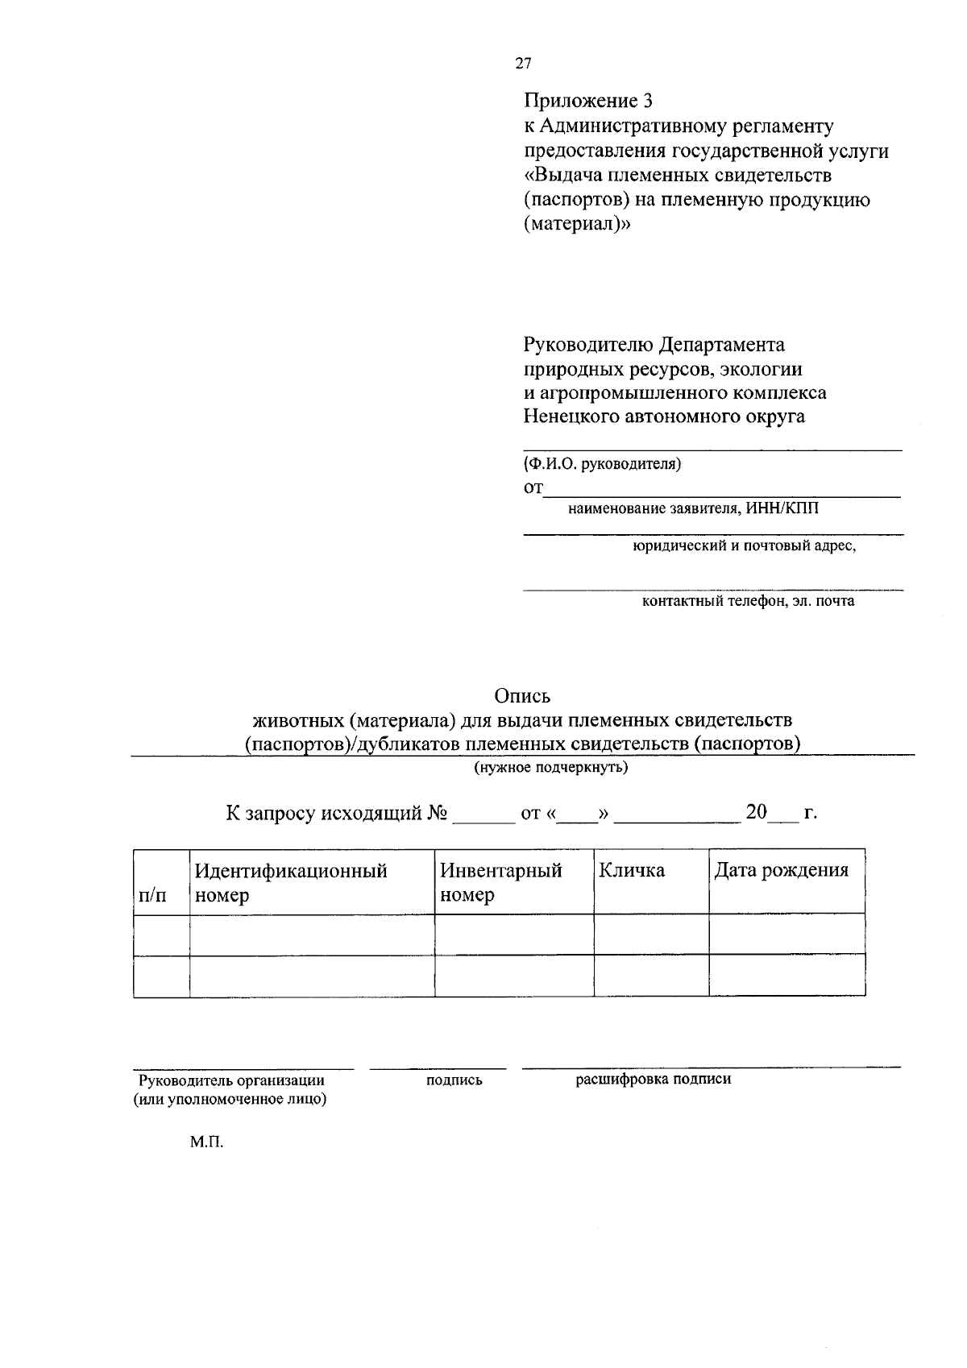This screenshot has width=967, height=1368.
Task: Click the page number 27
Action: click(524, 64)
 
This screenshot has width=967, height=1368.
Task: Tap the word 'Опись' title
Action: click(522, 695)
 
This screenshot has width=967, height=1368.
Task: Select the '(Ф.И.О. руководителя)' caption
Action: click(603, 464)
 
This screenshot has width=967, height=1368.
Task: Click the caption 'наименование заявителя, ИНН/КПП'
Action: click(697, 508)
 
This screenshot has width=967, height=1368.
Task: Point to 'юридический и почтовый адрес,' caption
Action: click(743, 545)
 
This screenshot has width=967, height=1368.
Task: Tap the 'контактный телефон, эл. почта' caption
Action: click(748, 601)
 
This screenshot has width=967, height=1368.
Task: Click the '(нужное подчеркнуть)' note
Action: click(550, 767)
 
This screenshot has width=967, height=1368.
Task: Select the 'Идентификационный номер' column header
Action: click(291, 882)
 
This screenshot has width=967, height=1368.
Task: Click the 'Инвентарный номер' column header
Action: click(500, 882)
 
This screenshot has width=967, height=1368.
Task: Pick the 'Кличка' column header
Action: click(632, 870)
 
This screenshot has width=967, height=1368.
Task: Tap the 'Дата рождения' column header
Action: click(782, 870)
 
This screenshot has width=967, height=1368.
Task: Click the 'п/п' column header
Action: click(153, 895)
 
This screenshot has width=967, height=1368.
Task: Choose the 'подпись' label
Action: click(454, 1080)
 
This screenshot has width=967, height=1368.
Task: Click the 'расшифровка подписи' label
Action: click(654, 1079)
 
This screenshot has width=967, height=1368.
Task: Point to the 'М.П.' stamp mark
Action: click(206, 1142)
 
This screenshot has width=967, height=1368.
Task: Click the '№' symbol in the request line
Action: click(438, 812)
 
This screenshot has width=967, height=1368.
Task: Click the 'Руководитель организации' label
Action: click(231, 1080)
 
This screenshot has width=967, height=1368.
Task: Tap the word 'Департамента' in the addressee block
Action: click(722, 345)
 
